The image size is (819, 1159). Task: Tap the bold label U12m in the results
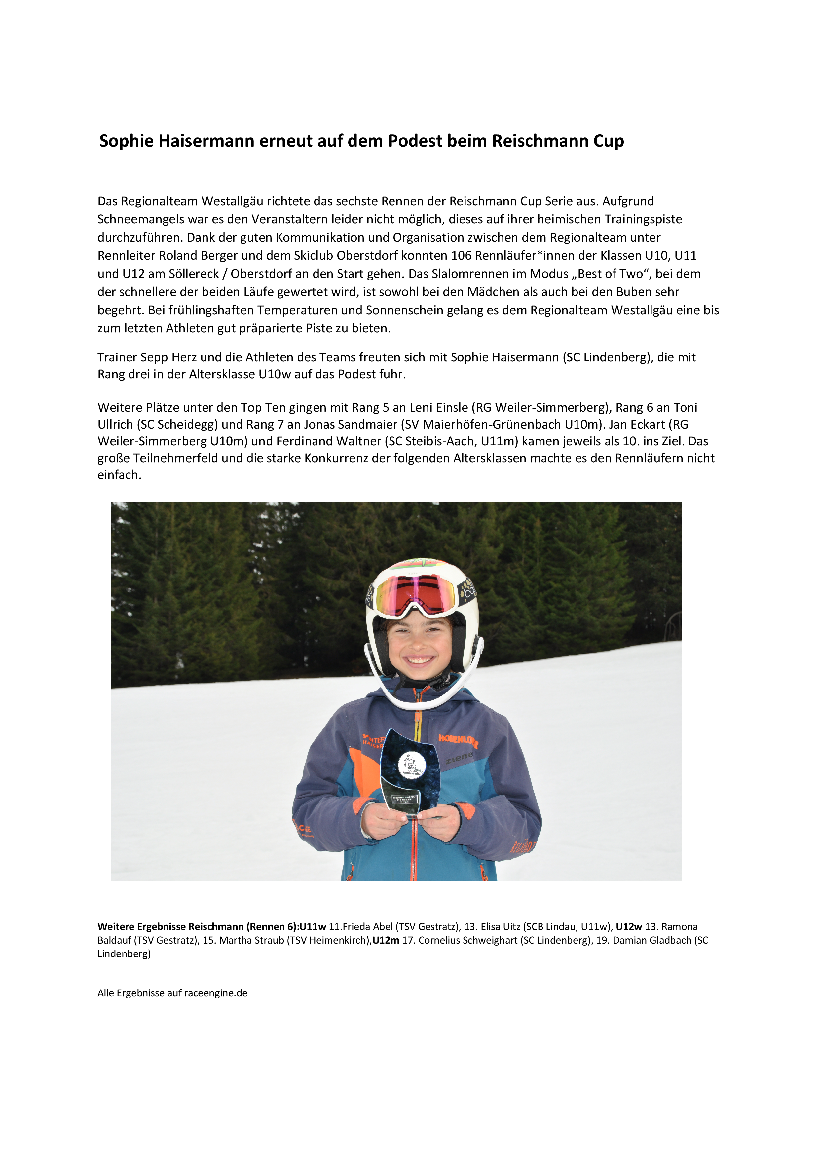386,940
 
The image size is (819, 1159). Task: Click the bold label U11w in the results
313,926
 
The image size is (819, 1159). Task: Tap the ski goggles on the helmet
415,594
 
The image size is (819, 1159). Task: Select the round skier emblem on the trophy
412,764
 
